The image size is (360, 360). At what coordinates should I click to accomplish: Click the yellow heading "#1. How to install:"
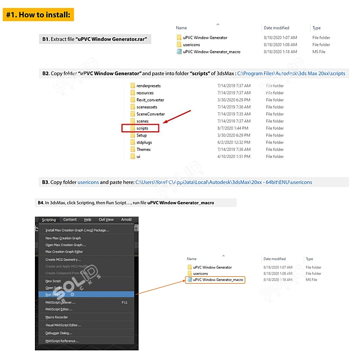[38, 15]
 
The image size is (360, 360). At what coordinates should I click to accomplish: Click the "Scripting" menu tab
[49, 220]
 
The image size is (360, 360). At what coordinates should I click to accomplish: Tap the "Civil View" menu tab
[106, 220]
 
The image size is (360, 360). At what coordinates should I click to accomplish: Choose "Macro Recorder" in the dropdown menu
[56, 317]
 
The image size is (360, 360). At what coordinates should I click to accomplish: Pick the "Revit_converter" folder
[150, 100]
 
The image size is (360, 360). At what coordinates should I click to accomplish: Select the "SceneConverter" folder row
[150, 114]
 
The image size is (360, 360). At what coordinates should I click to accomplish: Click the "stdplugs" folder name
[144, 142]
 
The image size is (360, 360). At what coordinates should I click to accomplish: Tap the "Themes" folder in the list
[143, 149]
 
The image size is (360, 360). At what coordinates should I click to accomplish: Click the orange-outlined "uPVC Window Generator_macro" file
[218, 280]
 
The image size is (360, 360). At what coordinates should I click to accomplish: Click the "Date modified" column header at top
[276, 28]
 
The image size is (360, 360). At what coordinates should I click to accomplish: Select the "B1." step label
[46, 39]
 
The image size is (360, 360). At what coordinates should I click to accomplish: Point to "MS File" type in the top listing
[319, 52]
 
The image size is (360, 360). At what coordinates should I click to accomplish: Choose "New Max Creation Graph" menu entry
[63, 238]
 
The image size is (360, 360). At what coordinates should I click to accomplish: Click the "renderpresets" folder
[148, 86]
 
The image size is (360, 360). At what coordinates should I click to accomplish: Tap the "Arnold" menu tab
[126, 220]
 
